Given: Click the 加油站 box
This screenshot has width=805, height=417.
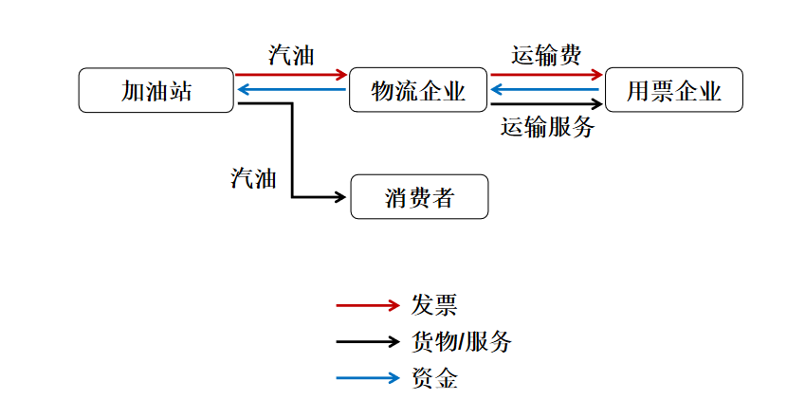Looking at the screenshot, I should click(156, 91).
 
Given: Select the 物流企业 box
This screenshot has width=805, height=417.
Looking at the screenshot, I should click(418, 91).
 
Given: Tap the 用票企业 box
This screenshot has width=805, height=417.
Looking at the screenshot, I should click(673, 91).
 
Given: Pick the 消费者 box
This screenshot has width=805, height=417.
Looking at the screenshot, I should click(419, 198).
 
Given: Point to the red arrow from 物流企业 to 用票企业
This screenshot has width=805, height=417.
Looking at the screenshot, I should click(546, 74).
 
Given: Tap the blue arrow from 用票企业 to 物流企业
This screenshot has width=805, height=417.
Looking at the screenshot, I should click(546, 90).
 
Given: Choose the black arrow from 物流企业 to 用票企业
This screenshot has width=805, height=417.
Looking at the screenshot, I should click(546, 103).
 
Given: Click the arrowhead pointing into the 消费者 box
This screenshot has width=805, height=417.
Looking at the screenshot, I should click(341, 197).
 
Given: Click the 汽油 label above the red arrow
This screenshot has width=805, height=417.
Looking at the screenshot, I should click(291, 55).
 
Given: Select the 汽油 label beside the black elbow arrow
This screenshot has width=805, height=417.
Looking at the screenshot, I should click(253, 177).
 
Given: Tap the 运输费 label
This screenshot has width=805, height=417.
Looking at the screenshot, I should click(546, 55).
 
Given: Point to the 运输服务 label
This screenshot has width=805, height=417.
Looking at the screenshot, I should click(547, 127).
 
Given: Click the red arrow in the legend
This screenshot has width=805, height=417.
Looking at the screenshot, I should click(368, 305).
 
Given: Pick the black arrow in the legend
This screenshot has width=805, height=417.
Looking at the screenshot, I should click(368, 342).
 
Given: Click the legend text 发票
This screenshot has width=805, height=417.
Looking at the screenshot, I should click(434, 305).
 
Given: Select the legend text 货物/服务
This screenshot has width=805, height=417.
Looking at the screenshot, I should click(462, 342).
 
